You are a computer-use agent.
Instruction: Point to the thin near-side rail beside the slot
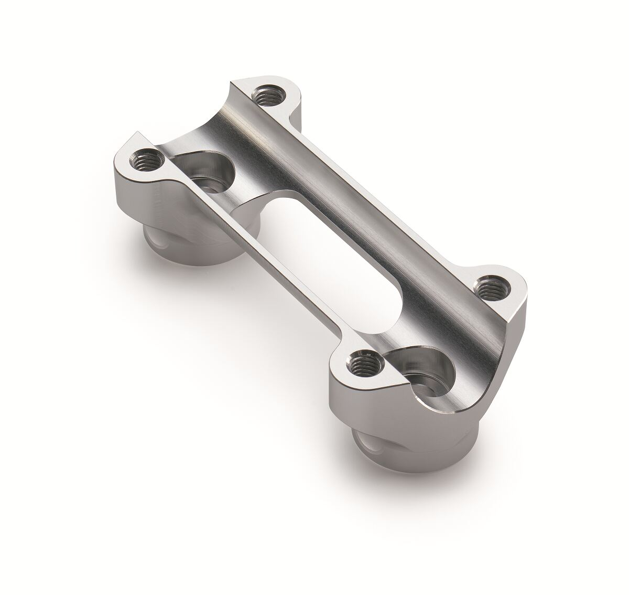[262, 252]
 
